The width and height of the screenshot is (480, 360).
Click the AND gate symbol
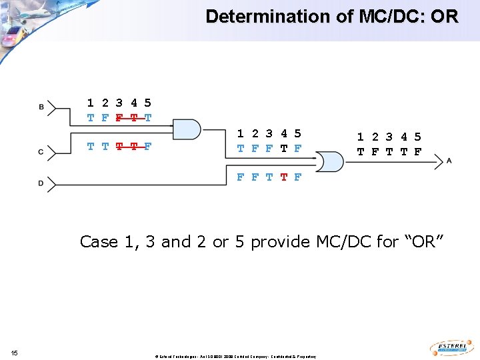(x=187, y=129)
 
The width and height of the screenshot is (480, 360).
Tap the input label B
(x=41, y=107)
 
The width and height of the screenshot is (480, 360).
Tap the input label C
(x=41, y=152)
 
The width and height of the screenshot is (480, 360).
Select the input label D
(x=41, y=183)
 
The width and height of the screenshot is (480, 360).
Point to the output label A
(x=449, y=160)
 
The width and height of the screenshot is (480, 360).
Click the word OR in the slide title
(x=445, y=16)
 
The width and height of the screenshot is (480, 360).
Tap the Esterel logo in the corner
(x=453, y=348)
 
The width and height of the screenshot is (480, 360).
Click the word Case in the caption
(x=99, y=241)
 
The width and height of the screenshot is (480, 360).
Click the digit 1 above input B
(x=90, y=103)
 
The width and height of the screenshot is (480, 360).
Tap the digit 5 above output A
(x=417, y=137)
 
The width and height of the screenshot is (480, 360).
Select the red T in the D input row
(x=283, y=177)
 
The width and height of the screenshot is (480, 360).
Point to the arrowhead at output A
(x=438, y=161)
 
